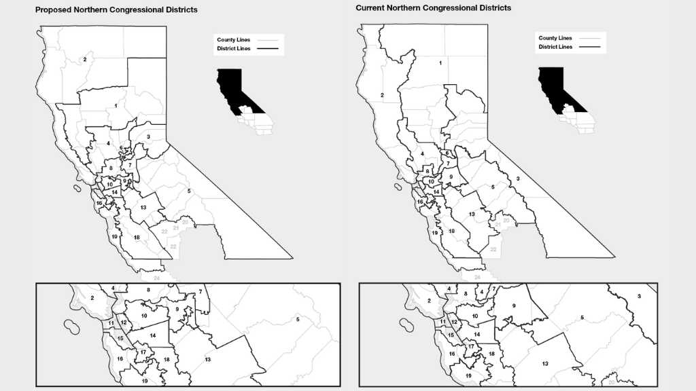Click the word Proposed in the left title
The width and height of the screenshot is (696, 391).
[x=54, y=10]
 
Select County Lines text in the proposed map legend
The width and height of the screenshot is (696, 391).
[x=230, y=40]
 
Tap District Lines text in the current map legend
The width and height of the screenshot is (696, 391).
[x=553, y=47]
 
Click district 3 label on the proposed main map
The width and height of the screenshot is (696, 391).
[x=148, y=137]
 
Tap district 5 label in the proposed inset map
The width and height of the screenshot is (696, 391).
[x=298, y=319]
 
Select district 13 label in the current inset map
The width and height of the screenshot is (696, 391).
[x=545, y=364]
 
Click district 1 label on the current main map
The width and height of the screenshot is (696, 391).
[x=440, y=63]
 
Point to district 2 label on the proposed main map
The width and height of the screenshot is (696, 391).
[x=85, y=60]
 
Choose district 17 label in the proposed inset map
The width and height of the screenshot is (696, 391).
[x=143, y=352]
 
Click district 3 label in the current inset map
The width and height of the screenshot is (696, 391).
[x=639, y=297]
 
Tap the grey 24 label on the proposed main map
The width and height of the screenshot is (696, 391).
[x=157, y=278]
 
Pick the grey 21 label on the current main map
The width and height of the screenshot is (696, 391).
[x=497, y=225]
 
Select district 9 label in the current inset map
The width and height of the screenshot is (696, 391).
[x=514, y=306]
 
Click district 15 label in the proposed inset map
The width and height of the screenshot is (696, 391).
[x=120, y=338]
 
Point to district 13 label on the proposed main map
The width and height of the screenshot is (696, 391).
[x=143, y=207]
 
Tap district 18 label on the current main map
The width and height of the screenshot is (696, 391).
[x=451, y=231]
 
